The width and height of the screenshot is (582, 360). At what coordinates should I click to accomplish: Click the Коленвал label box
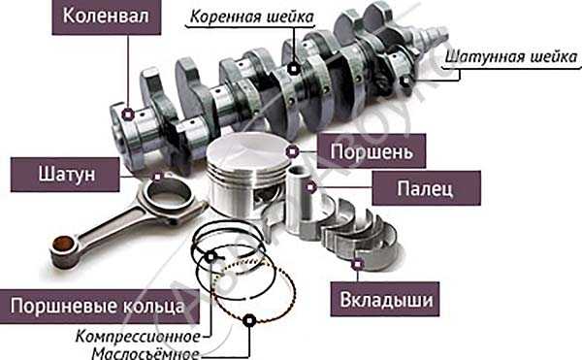pos(107,16)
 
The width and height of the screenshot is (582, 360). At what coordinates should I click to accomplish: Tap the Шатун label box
pos(65,175)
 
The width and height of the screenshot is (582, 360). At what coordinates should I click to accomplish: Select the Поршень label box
pos(372,151)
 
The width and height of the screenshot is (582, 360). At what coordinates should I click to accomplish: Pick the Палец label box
pos(427,188)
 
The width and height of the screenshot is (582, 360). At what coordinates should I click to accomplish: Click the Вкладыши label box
pos(385,299)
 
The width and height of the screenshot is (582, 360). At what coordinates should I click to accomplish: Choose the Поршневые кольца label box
pos(98,307)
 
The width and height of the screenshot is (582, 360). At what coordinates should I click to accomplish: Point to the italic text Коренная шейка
pos(252,16)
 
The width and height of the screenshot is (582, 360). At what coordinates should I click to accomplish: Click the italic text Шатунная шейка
pos(511,57)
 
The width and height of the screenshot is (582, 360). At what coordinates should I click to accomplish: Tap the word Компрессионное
pos(138,337)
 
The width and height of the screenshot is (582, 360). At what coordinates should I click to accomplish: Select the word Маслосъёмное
pos(145,353)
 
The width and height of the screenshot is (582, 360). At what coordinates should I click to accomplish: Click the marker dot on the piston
pos(292,151)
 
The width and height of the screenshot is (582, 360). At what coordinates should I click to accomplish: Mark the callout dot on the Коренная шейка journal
pos(294,69)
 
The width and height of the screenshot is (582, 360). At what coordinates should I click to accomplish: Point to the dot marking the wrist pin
pos(311,187)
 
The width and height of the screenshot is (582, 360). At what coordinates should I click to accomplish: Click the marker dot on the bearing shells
pos(357,264)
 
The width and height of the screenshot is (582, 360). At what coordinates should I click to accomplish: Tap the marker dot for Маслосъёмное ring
pos(249,320)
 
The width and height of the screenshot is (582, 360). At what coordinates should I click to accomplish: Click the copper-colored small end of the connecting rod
pos(62,244)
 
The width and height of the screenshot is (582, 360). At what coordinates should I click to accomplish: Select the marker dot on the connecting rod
pos(158,177)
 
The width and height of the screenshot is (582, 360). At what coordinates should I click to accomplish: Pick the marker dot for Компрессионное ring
pos(210,257)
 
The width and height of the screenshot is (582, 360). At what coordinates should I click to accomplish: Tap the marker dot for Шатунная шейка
pos(406,81)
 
